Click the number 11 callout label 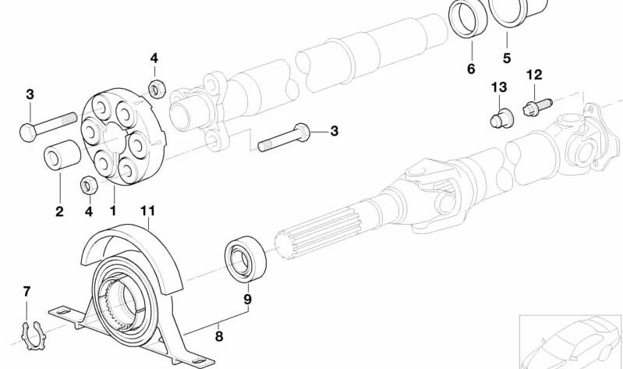pos(148,211)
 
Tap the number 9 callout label pos(246,298)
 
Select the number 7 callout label pos(27,292)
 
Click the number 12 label pos(533,75)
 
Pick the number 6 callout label pos(471,69)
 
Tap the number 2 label pos(59,211)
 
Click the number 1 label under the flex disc pos(112,211)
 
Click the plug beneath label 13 pos(496,119)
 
